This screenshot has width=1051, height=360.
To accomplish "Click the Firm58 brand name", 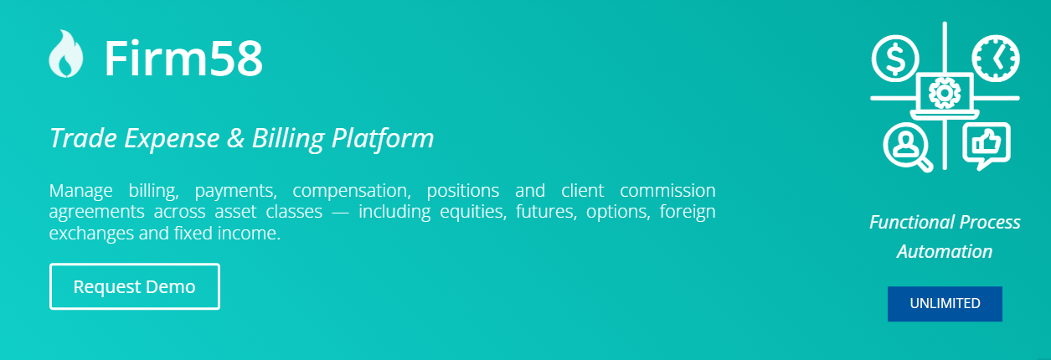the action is pyautogui.click(x=183, y=59).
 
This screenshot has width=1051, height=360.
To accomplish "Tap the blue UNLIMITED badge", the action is pyautogui.click(x=945, y=304).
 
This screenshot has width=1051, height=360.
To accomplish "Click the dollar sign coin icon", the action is pyautogui.click(x=895, y=59).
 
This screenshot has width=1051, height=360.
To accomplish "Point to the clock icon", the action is pyautogui.click(x=996, y=59).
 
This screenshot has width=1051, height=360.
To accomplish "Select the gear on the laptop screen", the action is pyautogui.click(x=944, y=93).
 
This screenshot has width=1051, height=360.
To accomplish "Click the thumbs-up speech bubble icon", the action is pyautogui.click(x=987, y=146).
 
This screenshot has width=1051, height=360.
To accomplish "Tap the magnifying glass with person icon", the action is pyautogui.click(x=908, y=147).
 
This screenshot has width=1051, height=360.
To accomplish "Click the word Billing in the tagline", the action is pyautogui.click(x=287, y=139).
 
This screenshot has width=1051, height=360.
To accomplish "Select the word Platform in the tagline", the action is pyautogui.click(x=383, y=139).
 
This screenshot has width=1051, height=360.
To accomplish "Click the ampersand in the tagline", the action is pyautogui.click(x=235, y=138).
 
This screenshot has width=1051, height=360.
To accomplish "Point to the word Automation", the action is pyautogui.click(x=945, y=251).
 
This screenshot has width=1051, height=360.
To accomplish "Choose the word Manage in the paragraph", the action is pyautogui.click(x=80, y=191).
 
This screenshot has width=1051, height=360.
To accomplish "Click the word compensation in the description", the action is pyautogui.click(x=352, y=191).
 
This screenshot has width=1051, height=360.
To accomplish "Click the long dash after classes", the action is pyautogui.click(x=340, y=213).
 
